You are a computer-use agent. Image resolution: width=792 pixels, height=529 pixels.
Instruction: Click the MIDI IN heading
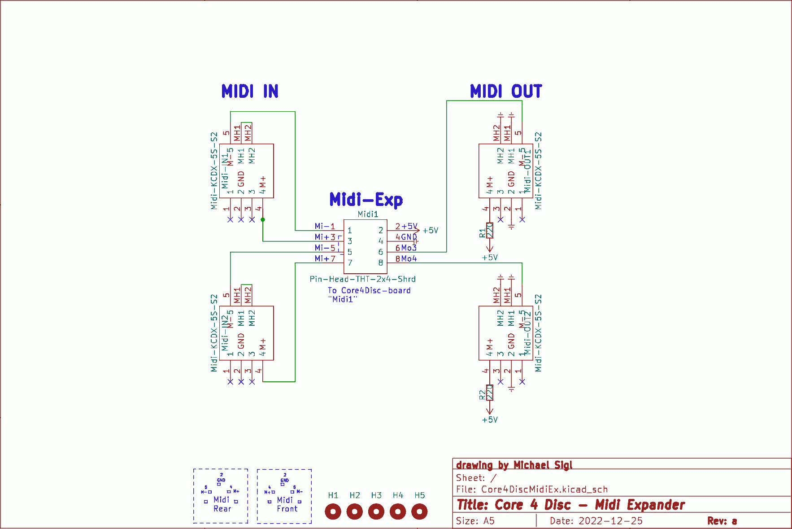250,91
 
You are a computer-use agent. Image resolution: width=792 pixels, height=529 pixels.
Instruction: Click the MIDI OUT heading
505,91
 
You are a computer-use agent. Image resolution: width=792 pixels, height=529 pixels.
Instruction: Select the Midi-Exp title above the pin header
366,200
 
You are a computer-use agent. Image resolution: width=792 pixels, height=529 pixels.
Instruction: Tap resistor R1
490,230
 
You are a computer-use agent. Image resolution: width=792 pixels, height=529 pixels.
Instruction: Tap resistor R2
490,393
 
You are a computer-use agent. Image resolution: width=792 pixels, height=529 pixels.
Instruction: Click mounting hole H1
333,511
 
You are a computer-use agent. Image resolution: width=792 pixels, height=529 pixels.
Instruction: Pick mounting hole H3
376,511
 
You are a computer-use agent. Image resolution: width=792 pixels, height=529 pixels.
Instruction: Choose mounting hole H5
419,511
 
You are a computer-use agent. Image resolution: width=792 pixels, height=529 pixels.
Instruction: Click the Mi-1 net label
325,226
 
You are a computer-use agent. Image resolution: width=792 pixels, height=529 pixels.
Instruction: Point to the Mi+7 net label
325,258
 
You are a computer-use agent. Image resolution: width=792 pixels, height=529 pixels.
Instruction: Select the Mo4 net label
409,258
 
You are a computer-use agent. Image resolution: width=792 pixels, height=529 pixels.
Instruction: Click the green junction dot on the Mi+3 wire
263,220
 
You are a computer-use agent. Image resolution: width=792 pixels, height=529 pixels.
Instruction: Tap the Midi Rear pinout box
221,496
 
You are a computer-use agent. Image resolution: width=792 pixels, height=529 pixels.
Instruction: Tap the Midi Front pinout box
284,496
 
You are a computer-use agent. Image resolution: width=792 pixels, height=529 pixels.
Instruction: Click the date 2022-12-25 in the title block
610,521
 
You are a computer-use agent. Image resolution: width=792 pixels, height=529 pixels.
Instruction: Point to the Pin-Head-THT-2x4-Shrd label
362,279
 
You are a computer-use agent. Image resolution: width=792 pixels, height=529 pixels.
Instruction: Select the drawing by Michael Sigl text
514,465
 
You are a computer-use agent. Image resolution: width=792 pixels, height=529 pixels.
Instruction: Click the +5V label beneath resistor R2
490,420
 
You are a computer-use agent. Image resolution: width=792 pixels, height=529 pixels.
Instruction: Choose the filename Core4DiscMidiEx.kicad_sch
544,490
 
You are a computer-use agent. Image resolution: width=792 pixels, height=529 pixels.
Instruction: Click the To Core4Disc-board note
369,291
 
